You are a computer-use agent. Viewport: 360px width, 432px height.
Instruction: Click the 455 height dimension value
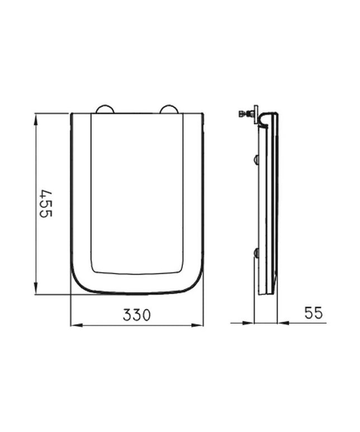point(46,203)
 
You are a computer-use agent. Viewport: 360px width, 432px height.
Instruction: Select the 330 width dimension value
point(137,315)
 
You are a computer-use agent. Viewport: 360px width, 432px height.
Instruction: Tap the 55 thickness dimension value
point(314,313)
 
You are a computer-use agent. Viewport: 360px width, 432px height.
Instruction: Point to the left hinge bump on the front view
point(105,109)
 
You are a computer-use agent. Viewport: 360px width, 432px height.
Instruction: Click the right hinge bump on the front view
point(169,109)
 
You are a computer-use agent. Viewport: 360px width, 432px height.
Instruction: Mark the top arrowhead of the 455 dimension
point(36,121)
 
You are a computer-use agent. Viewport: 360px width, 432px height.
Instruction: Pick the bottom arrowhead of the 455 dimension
point(36,287)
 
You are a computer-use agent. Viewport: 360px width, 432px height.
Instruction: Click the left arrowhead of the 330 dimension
point(77,325)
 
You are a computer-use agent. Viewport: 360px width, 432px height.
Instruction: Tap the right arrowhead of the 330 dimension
point(197,325)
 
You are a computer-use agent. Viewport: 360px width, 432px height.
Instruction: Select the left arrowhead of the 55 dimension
point(247,323)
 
